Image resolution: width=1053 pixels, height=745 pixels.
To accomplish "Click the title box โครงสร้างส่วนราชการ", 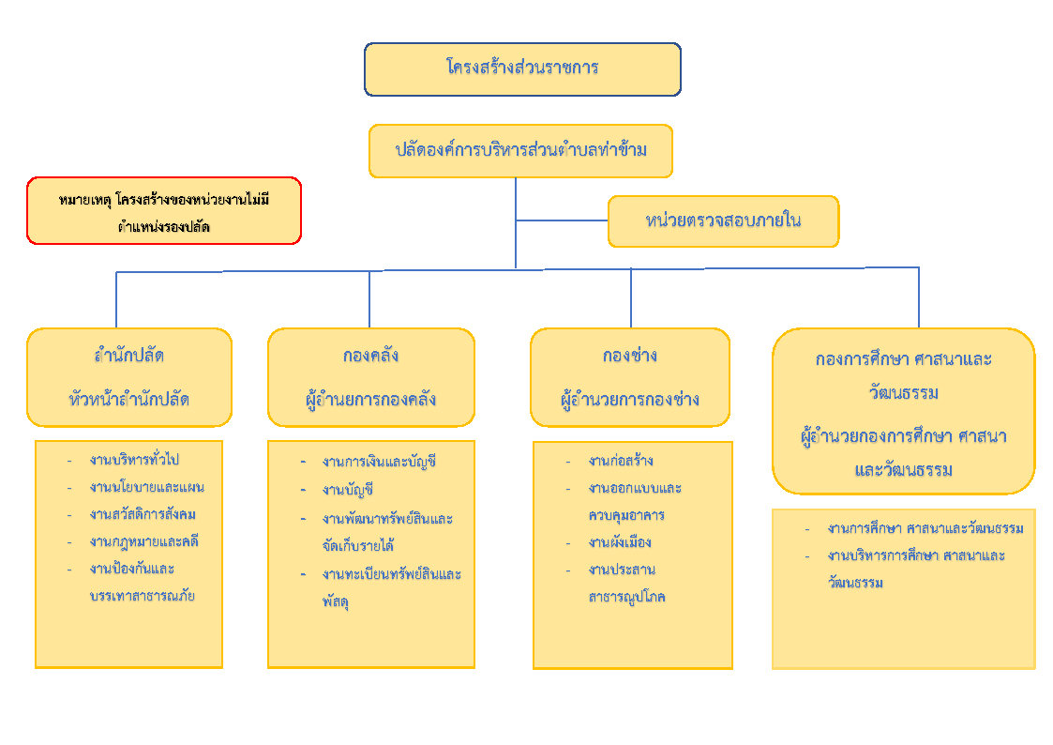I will coord(522,68).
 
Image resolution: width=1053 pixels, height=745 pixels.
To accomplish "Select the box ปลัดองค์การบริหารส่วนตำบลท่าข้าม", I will coord(520,150).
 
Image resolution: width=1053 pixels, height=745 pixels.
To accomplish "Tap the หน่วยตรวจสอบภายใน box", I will coord(723,221).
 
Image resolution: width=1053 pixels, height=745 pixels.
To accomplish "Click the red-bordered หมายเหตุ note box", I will coord(164,211).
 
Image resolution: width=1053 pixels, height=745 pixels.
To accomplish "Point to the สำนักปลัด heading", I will coord(129,356).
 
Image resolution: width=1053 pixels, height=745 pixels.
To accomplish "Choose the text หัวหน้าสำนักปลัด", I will coord(129,398).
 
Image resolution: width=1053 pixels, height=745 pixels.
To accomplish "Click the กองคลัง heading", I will coord(370,356).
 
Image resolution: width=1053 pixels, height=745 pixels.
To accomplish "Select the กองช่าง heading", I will coord(629,356).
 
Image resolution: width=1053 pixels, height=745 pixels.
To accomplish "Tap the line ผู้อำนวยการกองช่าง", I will coord(629,399).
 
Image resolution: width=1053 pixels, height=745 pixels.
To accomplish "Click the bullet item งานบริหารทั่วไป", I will coord(134,460).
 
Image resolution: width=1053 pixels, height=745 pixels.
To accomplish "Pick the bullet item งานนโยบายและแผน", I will coord(147,487).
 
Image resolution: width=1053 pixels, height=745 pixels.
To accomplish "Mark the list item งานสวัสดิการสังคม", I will coord(143,514).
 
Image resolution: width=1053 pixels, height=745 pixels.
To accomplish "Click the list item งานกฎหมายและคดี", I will coord(144,541).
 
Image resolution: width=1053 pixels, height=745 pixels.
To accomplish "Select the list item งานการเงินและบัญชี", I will coord(379,462).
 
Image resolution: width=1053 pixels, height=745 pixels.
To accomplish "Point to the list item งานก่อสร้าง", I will coord(621,461).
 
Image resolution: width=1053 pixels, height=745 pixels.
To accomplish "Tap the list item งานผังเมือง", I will coord(620,542).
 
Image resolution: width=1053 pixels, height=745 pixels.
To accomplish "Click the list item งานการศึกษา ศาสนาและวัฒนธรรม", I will coord(925,528).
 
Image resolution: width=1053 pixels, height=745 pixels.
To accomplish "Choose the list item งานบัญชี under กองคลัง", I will coord(348,490).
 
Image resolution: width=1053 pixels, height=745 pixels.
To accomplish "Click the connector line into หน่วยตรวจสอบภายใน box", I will coord(562,220).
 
